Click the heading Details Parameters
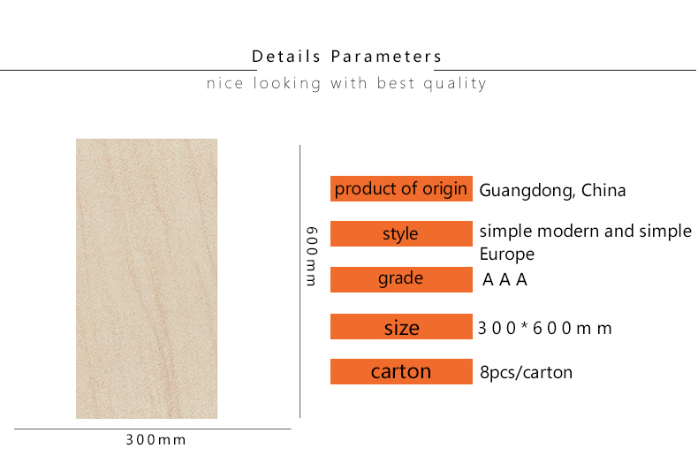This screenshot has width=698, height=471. (346, 57)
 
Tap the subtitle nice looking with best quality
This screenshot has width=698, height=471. (346, 83)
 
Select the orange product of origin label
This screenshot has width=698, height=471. (401, 189)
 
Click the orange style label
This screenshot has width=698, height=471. (401, 233)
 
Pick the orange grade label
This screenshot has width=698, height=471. (401, 279)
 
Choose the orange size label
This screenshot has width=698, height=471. (401, 326)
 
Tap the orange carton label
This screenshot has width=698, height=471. (401, 371)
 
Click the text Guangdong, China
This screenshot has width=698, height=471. (552, 191)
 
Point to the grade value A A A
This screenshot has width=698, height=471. (505, 279)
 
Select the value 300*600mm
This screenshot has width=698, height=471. (545, 328)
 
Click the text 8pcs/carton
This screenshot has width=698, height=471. (527, 372)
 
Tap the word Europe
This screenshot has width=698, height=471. (507, 254)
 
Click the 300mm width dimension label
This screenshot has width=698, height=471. (156, 440)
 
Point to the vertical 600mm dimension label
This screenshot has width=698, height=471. (312, 256)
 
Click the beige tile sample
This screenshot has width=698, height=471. (147, 278)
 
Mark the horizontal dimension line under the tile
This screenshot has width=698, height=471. (153, 429)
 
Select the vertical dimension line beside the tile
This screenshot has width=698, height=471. (300, 281)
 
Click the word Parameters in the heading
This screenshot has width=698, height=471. (386, 57)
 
